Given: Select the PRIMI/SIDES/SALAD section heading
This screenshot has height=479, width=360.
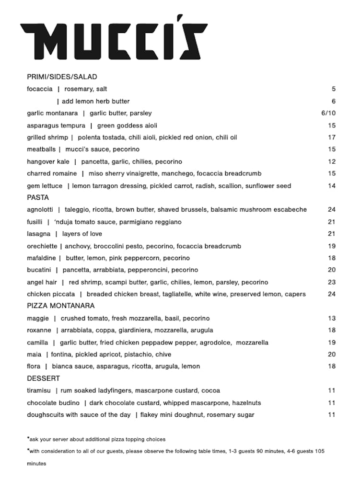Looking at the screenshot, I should coord(62,77).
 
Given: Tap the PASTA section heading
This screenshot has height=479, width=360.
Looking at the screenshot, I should coord(38,197).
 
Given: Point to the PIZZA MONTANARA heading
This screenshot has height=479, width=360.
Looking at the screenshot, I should coord(60,306).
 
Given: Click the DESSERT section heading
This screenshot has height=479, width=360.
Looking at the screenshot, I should coord(43,378).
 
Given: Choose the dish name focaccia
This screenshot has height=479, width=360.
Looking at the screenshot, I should coord(40,89).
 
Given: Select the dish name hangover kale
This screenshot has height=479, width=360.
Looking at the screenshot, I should coord(48,161).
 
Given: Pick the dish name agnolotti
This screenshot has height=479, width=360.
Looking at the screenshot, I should coord(40,209).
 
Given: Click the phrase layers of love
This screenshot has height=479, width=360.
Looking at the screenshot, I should coord(82,234).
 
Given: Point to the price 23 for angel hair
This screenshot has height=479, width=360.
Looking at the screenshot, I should coord(332,282).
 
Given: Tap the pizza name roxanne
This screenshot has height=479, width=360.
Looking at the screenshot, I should coord(39,330).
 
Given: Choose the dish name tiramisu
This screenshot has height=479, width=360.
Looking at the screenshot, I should coord(38,390).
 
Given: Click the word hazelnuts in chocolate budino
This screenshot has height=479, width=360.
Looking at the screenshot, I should coord(246,403).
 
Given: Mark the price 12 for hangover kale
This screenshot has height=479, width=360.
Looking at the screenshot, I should coord(332,161).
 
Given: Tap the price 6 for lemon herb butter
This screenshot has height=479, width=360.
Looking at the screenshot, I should coord(333,101).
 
